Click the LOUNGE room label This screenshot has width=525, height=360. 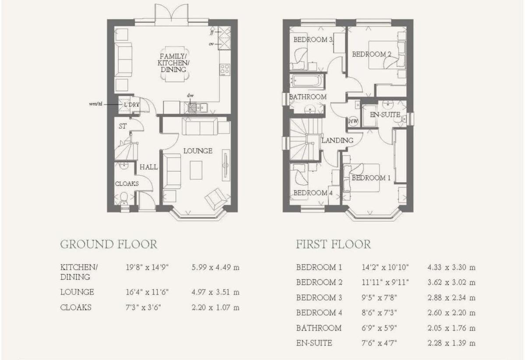coord(197,151)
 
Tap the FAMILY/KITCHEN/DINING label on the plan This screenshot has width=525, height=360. coord(173,63)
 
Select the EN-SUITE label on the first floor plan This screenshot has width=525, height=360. coord(385,115)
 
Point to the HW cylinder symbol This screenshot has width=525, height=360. coord(353,121)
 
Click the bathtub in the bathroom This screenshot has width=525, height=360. coord(307,81)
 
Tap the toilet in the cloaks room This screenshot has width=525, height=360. coord(124,198)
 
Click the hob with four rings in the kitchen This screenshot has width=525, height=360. coord(225,70)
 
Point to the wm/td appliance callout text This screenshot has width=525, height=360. coord(95,104)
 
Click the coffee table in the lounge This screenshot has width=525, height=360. coord(196,170)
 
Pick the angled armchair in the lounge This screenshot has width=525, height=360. coord(217,199)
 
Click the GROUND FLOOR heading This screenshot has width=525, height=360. coord(109,244)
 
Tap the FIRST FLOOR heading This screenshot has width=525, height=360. coord(333,244)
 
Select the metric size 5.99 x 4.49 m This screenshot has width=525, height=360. coord(215,267)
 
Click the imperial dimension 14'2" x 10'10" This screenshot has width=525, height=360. coord(385,267)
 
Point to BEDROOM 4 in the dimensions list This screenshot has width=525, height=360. coord(319,313)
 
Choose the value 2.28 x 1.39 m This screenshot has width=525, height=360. coord(451,343)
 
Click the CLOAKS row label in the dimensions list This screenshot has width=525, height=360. coord(76,307)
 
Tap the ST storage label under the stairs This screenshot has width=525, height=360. coord(123,126)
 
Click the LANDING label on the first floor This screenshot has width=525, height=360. coord(337,141)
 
